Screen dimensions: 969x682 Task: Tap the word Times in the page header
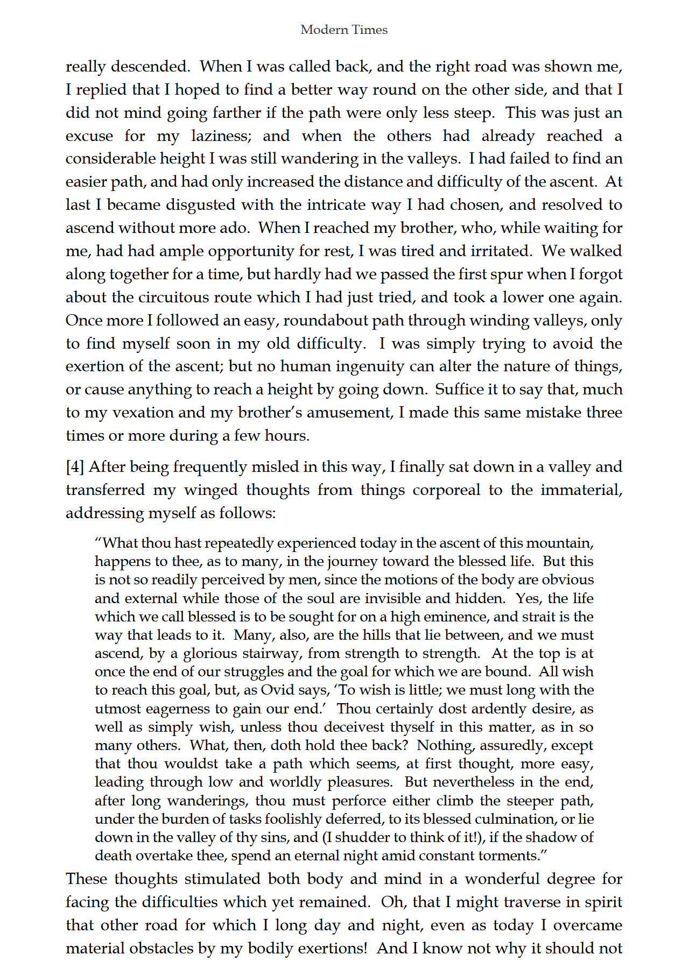pyautogui.click(x=370, y=30)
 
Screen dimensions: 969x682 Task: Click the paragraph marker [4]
pyautogui.click(x=75, y=467)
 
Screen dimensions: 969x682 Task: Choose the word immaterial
pyautogui.click(x=580, y=490)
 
